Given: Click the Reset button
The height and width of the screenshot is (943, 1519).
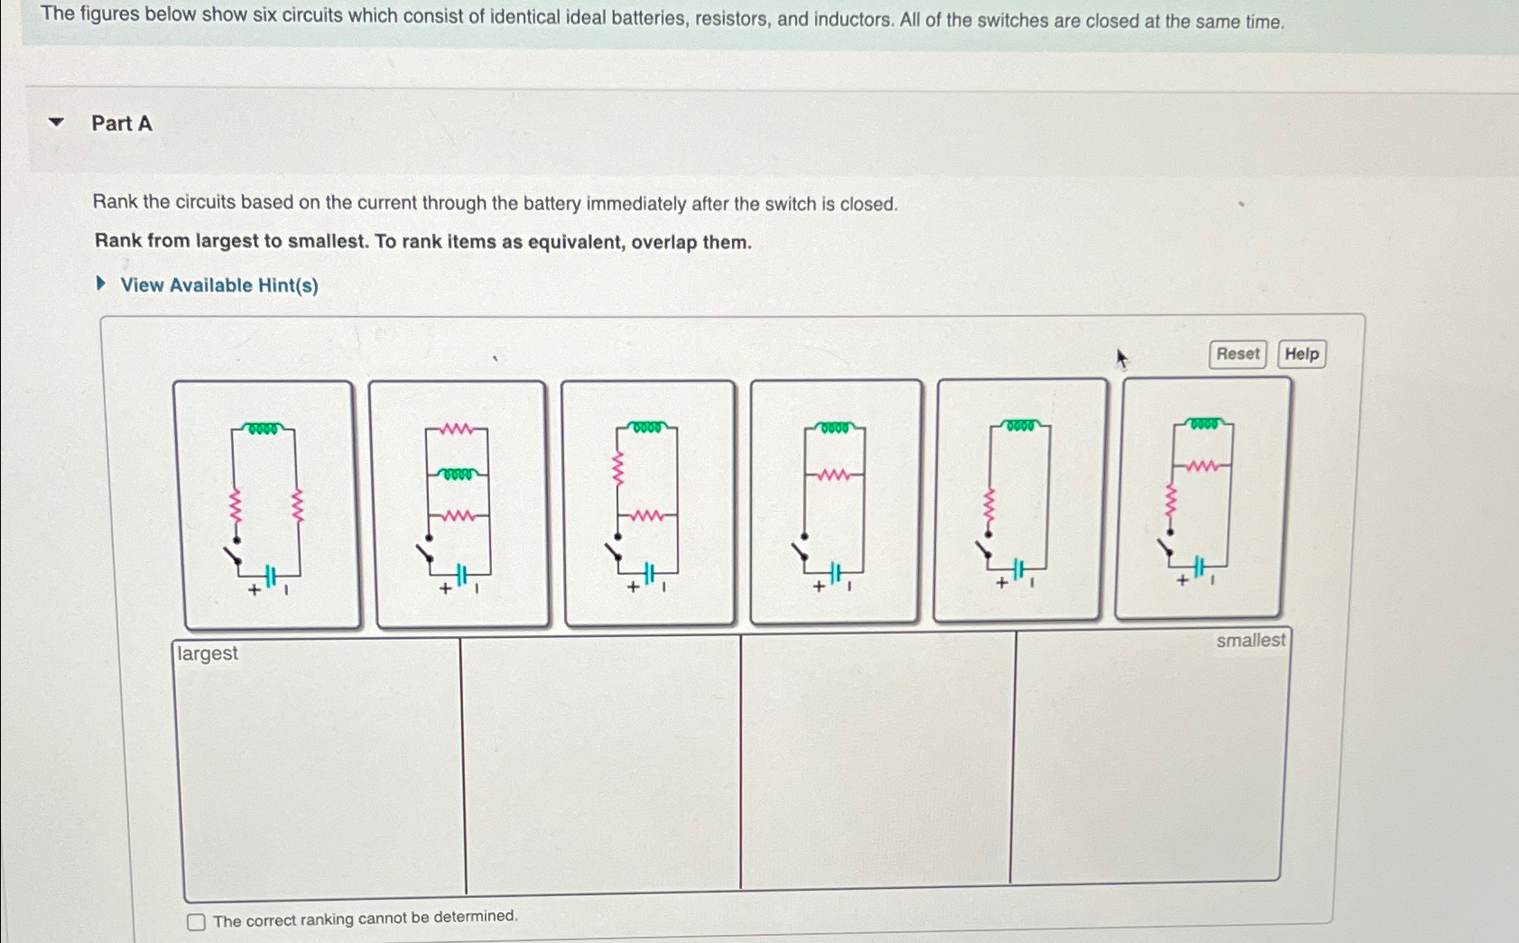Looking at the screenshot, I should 1237,354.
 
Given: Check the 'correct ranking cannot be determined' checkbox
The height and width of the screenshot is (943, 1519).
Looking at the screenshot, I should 196,922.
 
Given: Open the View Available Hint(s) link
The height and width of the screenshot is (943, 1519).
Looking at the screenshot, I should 218,285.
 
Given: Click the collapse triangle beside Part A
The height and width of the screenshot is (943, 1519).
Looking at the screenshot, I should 57,122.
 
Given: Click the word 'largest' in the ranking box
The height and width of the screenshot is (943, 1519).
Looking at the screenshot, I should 208,653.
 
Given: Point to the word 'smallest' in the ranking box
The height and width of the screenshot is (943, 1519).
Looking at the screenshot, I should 1250,641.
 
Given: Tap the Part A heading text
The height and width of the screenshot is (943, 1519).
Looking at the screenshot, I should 122,124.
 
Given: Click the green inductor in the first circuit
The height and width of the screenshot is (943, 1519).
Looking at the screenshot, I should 263,429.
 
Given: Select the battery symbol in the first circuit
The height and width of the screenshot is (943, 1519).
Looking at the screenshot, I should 270,577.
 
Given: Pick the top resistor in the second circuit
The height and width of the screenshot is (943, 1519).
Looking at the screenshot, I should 457,430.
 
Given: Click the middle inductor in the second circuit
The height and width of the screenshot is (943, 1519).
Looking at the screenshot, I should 458,474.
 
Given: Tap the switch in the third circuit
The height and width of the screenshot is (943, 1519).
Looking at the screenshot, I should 614,550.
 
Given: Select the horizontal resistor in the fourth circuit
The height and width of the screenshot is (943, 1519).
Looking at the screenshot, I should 833,475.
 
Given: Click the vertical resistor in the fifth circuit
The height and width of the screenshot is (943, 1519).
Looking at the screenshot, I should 988,508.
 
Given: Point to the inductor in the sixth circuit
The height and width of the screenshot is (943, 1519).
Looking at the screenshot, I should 1204,423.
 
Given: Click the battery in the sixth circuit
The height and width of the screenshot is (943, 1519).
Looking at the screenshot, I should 1199,568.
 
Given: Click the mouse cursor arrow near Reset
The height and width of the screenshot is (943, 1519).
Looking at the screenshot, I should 1121,359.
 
